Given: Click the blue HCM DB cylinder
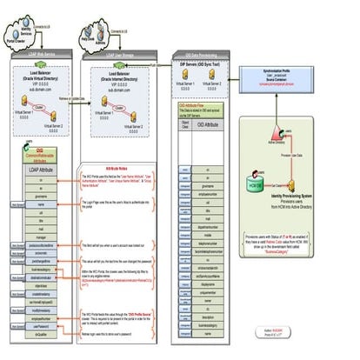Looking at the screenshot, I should coord(257,186).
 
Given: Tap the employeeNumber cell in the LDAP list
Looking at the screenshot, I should coord(41,319).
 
